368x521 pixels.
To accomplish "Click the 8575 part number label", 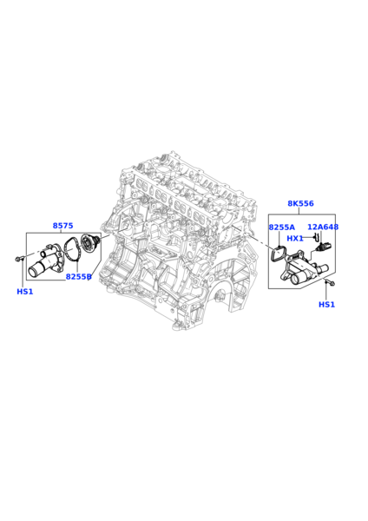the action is (x=62, y=226).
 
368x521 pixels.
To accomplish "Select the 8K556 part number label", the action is (x=300, y=203).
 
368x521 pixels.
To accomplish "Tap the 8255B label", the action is (x=78, y=276).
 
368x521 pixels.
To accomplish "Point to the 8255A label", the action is (x=282, y=228).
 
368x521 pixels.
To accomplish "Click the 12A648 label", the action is (x=323, y=227).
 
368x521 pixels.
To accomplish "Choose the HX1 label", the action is (x=295, y=238).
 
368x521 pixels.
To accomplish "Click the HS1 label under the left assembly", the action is (x=25, y=292).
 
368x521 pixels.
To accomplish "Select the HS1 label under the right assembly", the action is (x=327, y=305).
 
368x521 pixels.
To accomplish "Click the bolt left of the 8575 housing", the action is (x=19, y=259).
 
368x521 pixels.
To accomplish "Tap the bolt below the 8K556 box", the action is (x=331, y=283).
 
